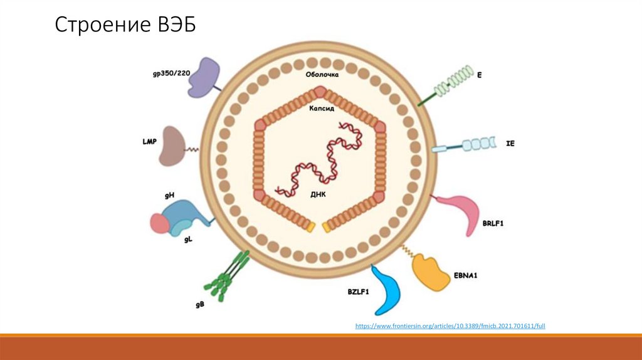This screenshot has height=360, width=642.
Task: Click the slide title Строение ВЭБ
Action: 125,26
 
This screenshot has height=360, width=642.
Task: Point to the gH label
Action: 169,196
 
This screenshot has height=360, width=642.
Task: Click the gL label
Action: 187,240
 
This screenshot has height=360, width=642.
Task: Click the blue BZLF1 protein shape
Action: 386,290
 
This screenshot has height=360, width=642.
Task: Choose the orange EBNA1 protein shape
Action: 431,272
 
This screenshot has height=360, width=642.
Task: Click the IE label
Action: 510,144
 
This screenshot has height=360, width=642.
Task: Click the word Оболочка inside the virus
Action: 322,75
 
